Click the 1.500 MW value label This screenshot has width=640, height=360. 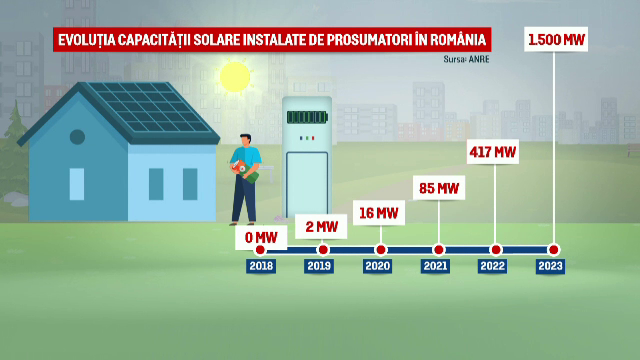[556, 41]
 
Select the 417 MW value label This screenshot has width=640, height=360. [492, 152]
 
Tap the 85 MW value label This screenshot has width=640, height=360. [438, 188]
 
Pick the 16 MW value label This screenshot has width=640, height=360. [378, 213]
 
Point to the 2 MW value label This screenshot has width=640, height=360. [321, 227]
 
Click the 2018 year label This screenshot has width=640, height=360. [261, 267]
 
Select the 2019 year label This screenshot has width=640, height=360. [320, 267]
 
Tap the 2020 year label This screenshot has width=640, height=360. [379, 267]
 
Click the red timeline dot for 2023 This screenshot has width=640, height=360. [554, 250]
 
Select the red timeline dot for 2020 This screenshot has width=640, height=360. [380, 250]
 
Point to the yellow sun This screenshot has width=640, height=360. [235, 77]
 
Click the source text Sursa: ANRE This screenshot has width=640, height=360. [466, 59]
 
